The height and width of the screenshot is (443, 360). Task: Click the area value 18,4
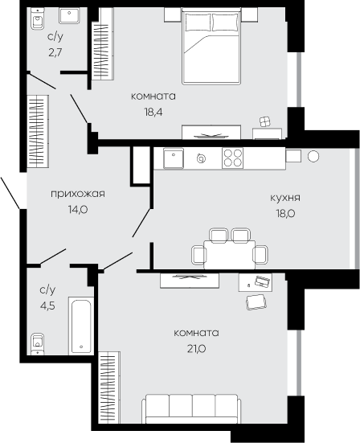pyautogui.click(x=153, y=113)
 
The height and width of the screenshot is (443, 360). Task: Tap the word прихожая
pyautogui.click(x=78, y=194)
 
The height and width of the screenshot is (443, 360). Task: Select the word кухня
pyautogui.click(x=285, y=198)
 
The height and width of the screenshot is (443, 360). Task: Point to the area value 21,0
pyautogui.click(x=196, y=349)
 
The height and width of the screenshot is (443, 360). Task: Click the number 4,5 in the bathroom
pyautogui.click(x=47, y=306)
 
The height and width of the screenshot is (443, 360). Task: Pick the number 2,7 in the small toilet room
pyautogui.click(x=55, y=52)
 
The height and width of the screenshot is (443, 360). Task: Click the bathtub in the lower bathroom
pyautogui.click(x=81, y=326)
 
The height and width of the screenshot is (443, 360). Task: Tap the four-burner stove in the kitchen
pyautogui.click(x=232, y=158)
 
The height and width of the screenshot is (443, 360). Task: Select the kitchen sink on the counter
pyautogui.click(x=174, y=158)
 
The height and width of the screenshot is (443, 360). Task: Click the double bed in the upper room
pyautogui.click(x=211, y=47)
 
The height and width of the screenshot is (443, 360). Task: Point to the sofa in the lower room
pyautogui.click(x=191, y=408)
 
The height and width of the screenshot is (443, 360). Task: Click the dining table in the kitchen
pyautogui.click(x=230, y=255)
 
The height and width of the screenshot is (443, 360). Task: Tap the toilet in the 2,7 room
pyautogui.click(x=38, y=20)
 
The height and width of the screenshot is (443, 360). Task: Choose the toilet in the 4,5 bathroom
pyautogui.click(x=38, y=343)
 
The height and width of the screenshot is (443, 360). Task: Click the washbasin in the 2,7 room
pyautogui.click(x=69, y=16)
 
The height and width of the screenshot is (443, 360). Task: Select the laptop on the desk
pyautogui.click(x=263, y=281)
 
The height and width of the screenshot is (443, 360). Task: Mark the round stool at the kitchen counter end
pyautogui.click(x=313, y=156)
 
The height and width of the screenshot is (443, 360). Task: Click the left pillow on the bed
pyautogui.click(x=198, y=22)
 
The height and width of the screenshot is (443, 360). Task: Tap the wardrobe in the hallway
pyautogui.click(x=38, y=132)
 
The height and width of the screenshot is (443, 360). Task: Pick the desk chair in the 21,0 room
pyautogui.click(x=256, y=302)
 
